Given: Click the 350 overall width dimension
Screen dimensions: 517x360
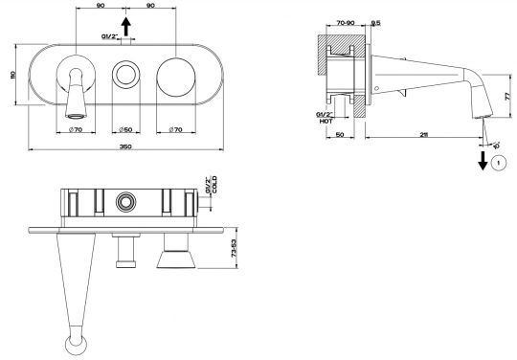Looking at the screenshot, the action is tap(126, 146).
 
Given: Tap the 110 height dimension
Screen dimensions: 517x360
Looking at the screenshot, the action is tap(13, 75).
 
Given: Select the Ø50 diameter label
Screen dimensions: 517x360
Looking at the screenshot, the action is tap(125, 130).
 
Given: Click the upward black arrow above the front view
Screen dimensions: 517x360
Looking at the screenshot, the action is tap(126, 27).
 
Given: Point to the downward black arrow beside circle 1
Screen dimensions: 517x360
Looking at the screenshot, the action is tap(483, 161).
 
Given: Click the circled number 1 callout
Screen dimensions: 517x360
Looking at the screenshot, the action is tap(499, 163).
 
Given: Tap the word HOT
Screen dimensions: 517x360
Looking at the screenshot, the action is tap(326, 121).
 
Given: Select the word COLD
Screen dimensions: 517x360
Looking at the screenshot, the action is tap(214, 185).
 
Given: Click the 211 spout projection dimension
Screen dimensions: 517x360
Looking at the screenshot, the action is tap(424, 134).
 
